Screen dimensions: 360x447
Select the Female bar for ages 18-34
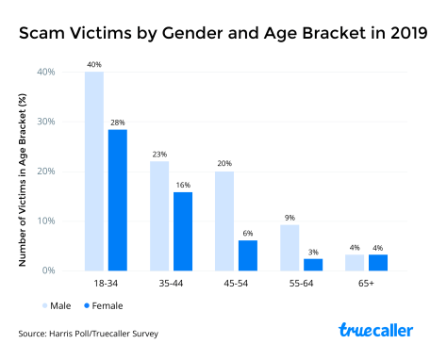coord(117,200)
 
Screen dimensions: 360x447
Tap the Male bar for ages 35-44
coord(160,216)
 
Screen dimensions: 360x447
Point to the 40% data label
coord(94,65)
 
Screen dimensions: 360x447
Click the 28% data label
coord(117,123)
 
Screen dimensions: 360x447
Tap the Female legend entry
coord(101,305)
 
